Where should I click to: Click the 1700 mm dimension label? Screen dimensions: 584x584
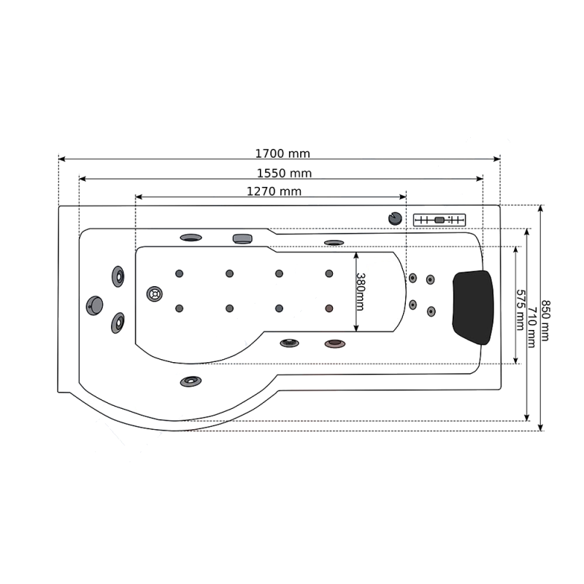pyautogui.click(x=283, y=153)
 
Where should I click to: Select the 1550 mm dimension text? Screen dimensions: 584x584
pyautogui.click(x=284, y=173)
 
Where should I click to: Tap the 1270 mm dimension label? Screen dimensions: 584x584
pyautogui.click(x=274, y=191)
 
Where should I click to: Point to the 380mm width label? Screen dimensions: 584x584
pyautogui.click(x=361, y=291)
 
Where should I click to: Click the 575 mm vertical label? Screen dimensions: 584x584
pyautogui.click(x=520, y=310)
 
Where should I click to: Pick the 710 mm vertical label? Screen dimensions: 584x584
pyautogui.click(x=532, y=327)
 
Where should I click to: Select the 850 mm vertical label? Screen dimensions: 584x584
pyautogui.click(x=545, y=320)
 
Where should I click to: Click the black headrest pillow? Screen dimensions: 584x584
pyautogui.click(x=473, y=307)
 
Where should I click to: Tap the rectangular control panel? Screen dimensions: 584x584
pyautogui.click(x=439, y=220)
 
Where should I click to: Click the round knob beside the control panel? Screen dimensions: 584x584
pyautogui.click(x=395, y=218)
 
